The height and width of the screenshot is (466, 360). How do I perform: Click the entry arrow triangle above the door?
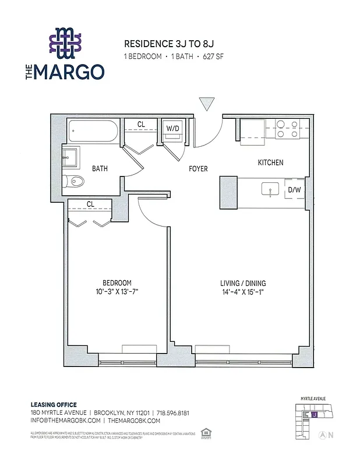point(206,104)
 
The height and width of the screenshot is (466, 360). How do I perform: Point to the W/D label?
point(173,128)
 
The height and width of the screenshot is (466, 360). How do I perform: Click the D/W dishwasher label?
point(294,189)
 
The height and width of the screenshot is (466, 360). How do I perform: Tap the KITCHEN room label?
point(270,163)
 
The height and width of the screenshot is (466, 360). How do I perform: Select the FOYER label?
point(198,170)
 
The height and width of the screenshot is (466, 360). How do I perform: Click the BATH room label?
point(100,169)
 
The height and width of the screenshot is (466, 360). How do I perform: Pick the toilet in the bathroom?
point(74,181)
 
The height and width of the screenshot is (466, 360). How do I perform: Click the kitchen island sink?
point(270,189)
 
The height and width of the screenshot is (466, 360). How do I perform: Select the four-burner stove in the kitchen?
point(287,129)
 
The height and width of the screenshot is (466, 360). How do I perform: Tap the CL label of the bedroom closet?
point(90,204)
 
